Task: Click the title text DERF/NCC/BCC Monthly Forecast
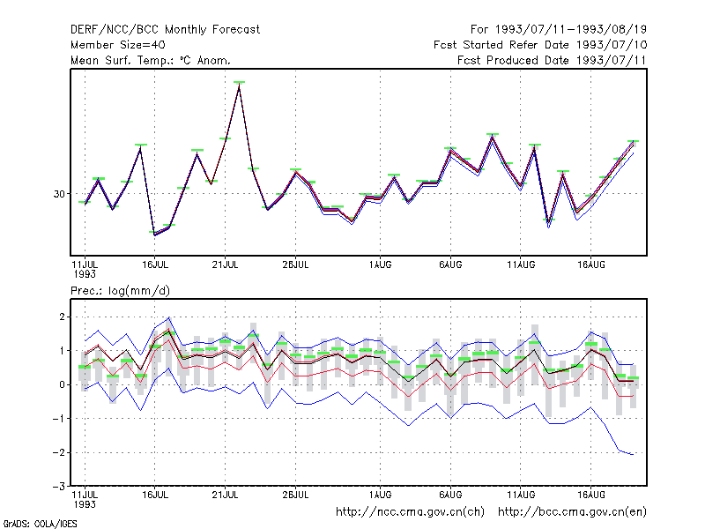click(165, 30)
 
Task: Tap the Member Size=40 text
click(118, 45)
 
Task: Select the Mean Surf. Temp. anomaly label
click(151, 60)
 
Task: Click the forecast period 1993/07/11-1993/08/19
click(559, 30)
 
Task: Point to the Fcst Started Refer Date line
click(540, 45)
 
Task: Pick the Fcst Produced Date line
click(552, 60)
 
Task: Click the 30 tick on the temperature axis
click(59, 194)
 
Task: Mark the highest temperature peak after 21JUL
click(239, 85)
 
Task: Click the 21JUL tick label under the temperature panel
click(225, 264)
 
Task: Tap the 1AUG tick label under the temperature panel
click(381, 264)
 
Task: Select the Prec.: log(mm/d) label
click(120, 291)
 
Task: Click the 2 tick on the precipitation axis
click(62, 317)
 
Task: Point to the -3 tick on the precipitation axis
click(59, 486)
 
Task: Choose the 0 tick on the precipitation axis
click(62, 384)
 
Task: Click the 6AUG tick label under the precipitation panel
click(450, 495)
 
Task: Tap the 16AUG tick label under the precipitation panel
click(591, 495)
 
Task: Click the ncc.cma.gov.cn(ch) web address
click(410, 512)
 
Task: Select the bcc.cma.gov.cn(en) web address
click(572, 512)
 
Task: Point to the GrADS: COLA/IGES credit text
click(40, 524)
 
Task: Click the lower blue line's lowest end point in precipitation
click(633, 455)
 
